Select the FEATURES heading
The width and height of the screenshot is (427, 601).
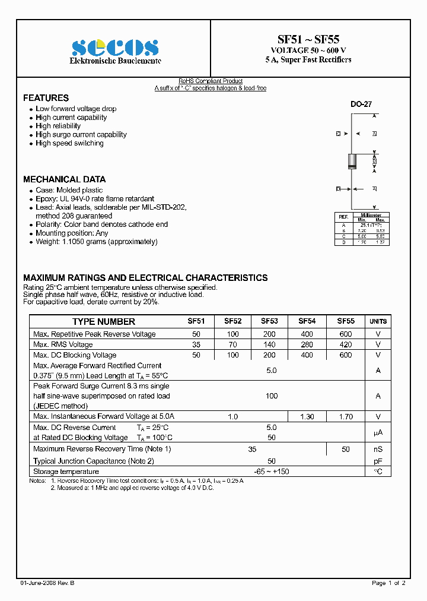(46, 98)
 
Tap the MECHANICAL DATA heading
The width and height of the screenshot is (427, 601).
(64, 179)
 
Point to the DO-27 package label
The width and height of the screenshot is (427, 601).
(361, 105)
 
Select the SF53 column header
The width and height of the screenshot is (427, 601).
(269, 321)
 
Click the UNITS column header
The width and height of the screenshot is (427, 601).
(378, 321)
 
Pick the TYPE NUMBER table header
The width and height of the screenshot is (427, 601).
(103, 321)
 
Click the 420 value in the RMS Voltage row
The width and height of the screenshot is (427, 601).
(346, 344)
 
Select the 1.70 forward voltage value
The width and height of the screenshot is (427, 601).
(346, 417)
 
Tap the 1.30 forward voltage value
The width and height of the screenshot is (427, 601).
(307, 417)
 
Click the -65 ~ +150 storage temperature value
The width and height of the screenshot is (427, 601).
(272, 472)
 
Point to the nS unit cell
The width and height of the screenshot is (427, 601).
(378, 449)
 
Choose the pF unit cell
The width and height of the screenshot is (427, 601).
(378, 461)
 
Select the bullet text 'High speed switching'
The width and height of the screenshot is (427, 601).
(69, 143)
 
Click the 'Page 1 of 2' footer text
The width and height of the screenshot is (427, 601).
(388, 583)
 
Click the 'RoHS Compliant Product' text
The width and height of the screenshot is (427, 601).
(211, 81)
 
